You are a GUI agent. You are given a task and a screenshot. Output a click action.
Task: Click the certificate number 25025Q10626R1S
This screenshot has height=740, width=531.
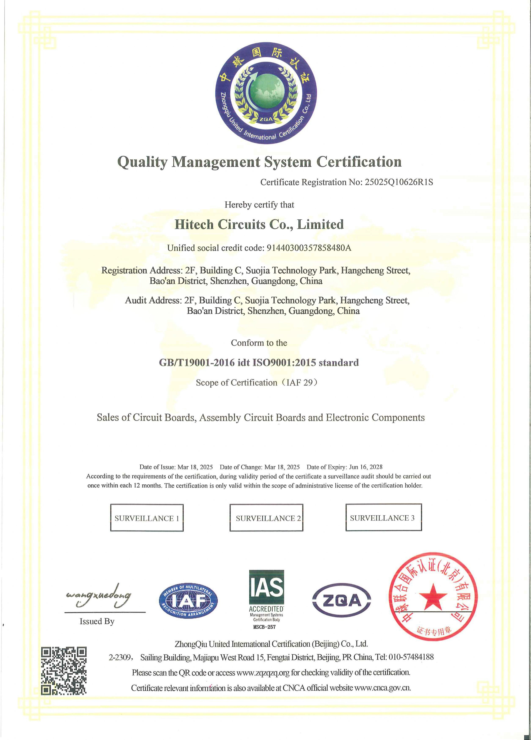398,182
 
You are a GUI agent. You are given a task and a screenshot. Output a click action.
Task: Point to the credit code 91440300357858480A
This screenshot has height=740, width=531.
309,248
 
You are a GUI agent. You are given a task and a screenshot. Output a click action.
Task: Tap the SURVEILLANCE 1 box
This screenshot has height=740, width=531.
147,518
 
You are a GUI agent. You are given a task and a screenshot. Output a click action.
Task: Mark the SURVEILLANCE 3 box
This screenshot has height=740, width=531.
383,518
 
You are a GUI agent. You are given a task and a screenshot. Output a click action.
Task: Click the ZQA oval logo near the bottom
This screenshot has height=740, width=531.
342,600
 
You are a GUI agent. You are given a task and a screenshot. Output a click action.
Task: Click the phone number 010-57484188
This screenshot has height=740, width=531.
411,657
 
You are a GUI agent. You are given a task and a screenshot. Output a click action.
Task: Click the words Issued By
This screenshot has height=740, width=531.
97,621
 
